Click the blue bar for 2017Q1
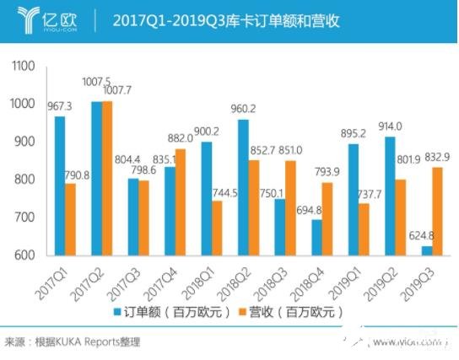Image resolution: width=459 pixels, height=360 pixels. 60,185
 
